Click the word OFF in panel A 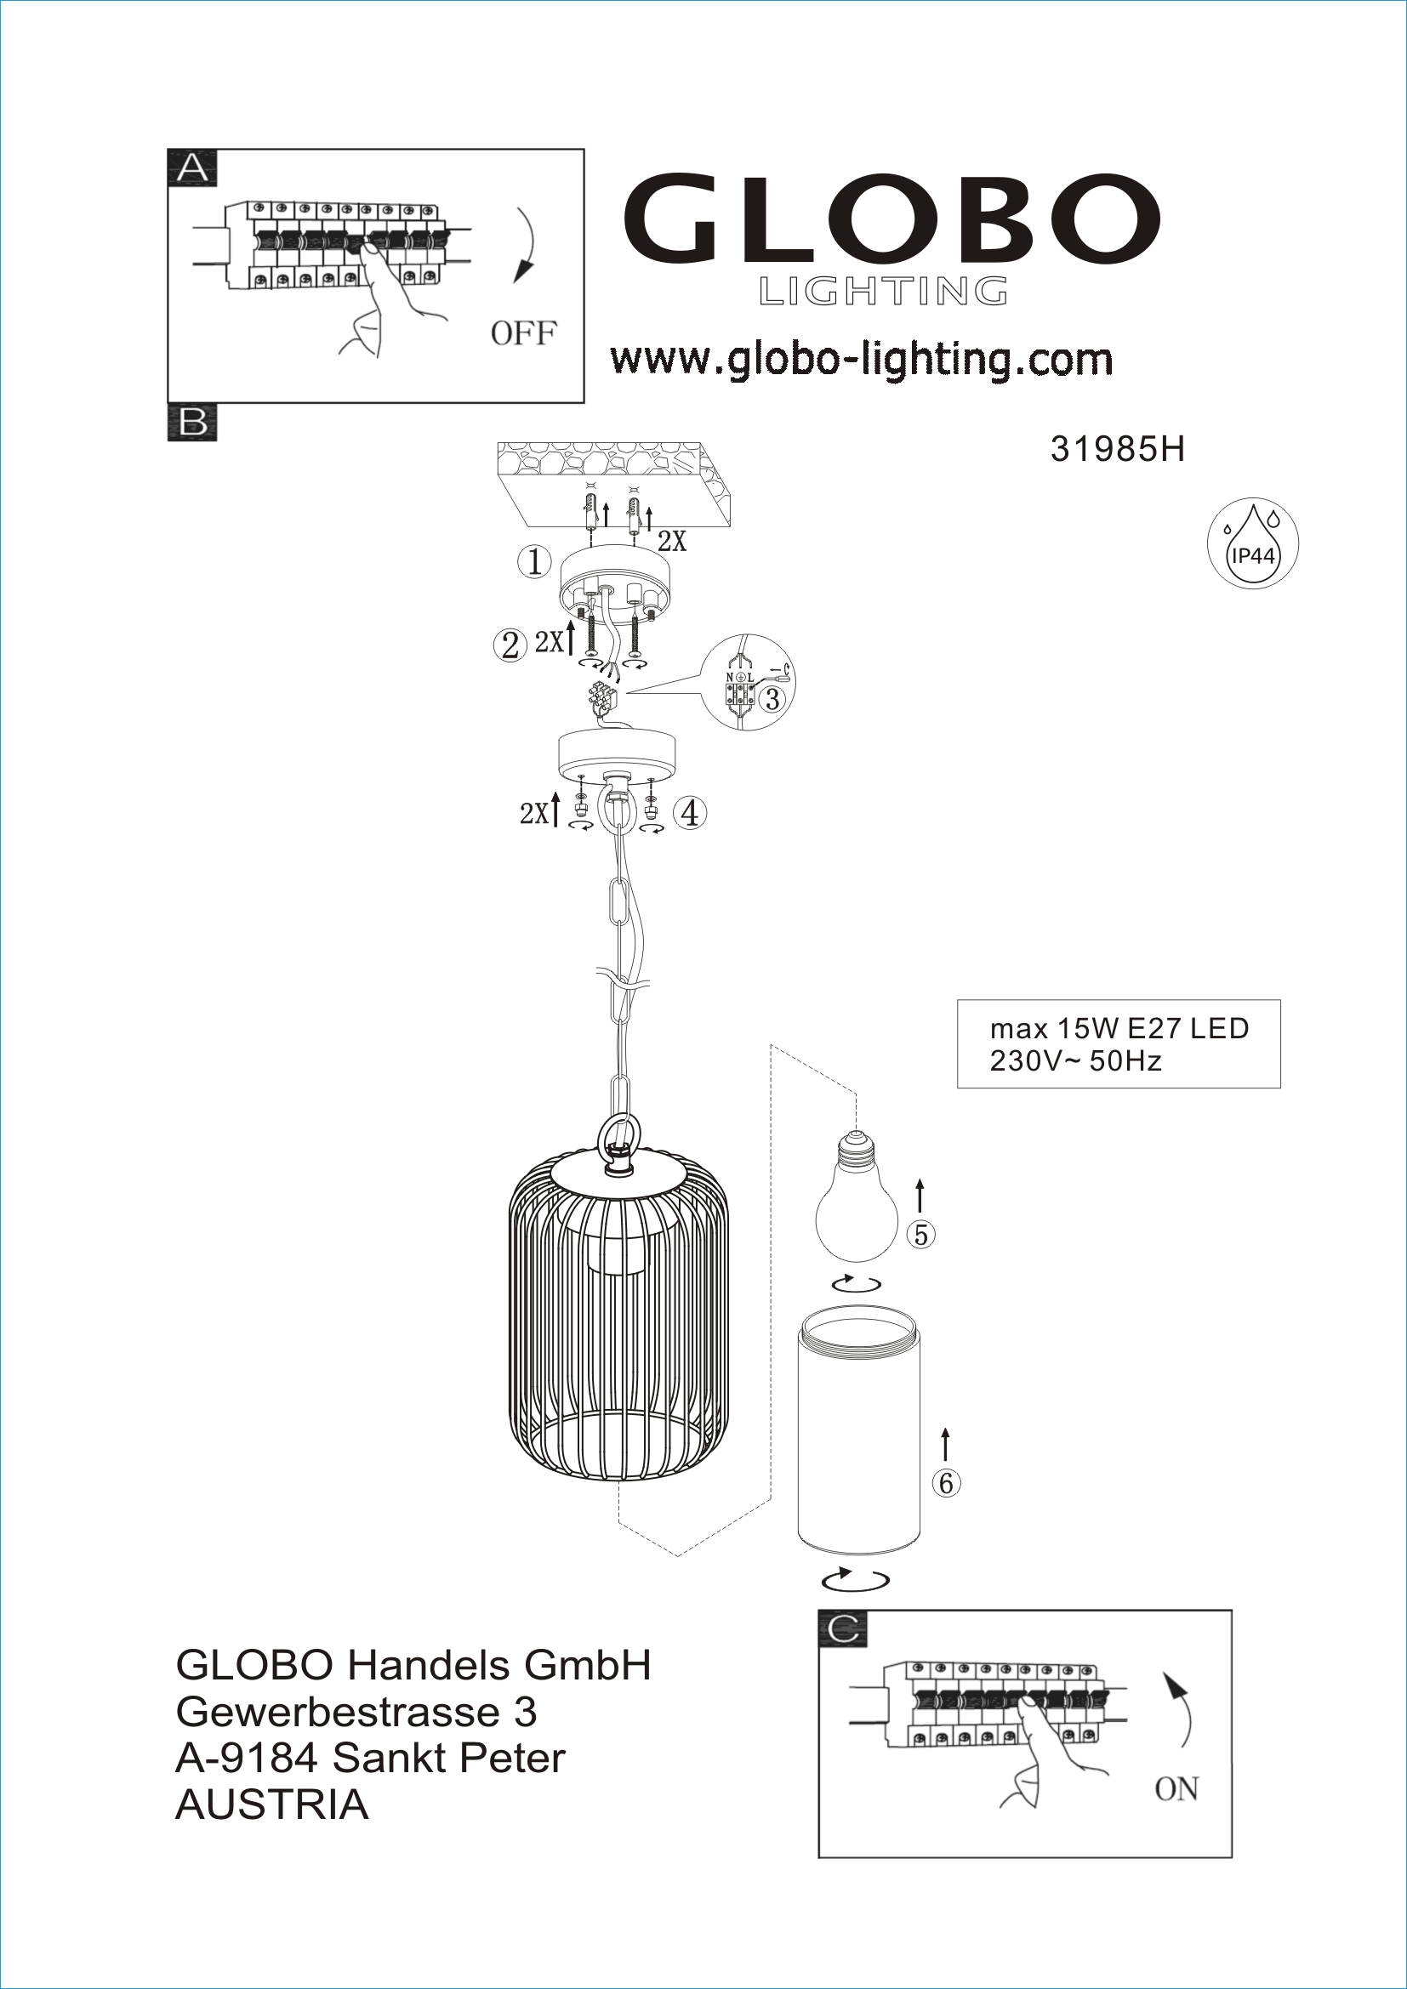[523, 332]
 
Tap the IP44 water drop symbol [1253, 543]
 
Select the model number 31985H [1117, 450]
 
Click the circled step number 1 [534, 562]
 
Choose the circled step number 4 [691, 813]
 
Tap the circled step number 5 [921, 1235]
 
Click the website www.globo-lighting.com [861, 359]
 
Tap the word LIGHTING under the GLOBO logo [884, 292]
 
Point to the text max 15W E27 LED [1119, 1028]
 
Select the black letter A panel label [192, 167]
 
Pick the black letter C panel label [843, 1628]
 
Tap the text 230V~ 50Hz [1075, 1060]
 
